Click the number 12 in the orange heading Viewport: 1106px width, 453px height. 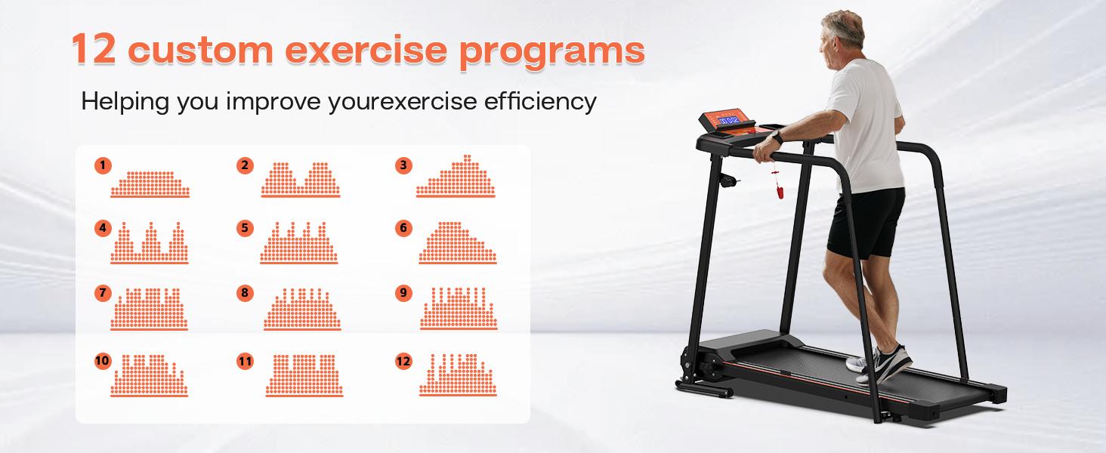tap(94, 48)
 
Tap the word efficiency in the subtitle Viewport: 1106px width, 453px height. tap(540, 102)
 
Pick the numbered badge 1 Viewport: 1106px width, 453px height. tap(103, 165)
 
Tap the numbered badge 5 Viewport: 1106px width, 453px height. tap(245, 228)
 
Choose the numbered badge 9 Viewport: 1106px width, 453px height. tap(403, 293)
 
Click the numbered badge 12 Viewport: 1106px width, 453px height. tap(403, 361)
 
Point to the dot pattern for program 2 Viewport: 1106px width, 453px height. tap(301, 180)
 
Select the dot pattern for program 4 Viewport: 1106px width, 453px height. tap(150, 243)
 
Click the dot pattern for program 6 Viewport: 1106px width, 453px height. tap(458, 243)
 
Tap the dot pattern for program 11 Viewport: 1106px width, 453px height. tap(304, 375)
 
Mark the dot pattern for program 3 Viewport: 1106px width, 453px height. tap(456, 176)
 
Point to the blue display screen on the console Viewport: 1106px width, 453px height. tap(729, 120)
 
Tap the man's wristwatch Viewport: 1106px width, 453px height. tap(777, 137)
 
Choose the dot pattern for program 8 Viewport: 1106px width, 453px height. tap(302, 310)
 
